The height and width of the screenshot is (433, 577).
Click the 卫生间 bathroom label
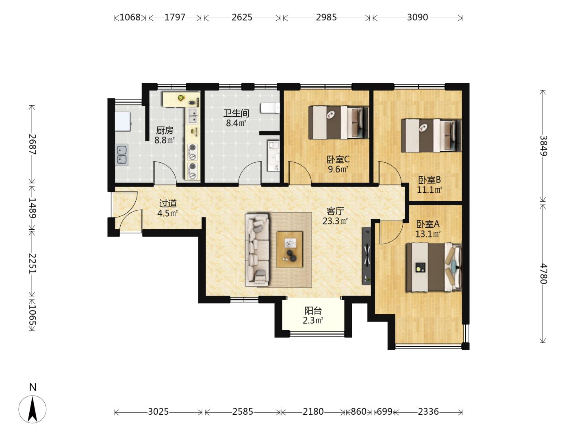click(236, 113)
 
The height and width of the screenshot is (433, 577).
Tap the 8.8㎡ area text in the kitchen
click(165, 140)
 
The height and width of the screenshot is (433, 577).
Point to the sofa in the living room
click(257, 250)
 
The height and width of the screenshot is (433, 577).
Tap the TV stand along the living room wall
click(366, 256)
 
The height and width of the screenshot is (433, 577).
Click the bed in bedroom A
click(434, 267)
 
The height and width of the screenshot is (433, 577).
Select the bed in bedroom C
click(338, 122)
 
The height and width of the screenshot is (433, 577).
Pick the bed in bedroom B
click(432, 136)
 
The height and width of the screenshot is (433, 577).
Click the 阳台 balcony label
click(313, 311)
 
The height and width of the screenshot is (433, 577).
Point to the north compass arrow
click(33, 409)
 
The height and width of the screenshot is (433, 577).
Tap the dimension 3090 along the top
click(417, 17)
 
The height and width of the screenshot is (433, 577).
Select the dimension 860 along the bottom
click(358, 411)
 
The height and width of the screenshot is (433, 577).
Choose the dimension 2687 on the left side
click(33, 144)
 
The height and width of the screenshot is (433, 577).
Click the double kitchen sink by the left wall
click(122, 154)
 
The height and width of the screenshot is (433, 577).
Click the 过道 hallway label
click(168, 203)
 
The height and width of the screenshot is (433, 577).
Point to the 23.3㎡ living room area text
click(335, 221)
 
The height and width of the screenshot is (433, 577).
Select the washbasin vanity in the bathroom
click(273, 156)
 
